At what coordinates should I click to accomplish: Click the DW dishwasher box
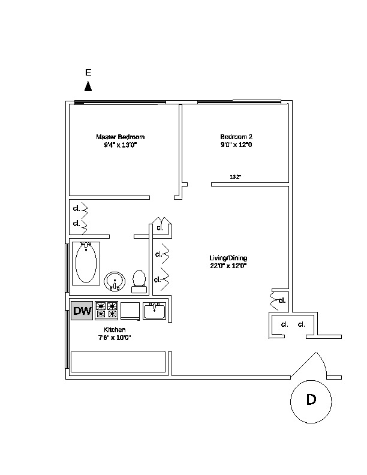point(82,311)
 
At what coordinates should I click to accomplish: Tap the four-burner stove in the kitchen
point(106,311)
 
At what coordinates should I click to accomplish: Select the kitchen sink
point(155,311)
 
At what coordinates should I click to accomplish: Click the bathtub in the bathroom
point(86,263)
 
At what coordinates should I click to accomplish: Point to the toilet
point(139,282)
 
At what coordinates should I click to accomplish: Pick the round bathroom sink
point(115,281)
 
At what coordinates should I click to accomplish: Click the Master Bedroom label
point(120,137)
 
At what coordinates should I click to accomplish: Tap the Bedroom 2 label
point(236,137)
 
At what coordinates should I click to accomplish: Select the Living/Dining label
point(228,258)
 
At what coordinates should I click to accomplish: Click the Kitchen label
point(115,330)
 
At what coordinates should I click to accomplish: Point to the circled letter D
point(311,401)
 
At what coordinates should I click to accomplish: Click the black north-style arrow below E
point(88,86)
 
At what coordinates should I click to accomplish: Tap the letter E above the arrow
point(88,73)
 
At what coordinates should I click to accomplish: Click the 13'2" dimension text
point(235,176)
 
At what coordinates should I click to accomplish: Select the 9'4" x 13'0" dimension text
point(121,145)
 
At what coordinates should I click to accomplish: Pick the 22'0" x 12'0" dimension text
point(228,266)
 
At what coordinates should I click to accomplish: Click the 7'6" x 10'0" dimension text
point(115,338)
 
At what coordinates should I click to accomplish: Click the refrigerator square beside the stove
point(130,311)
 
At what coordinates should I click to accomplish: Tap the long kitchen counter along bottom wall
point(118,362)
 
